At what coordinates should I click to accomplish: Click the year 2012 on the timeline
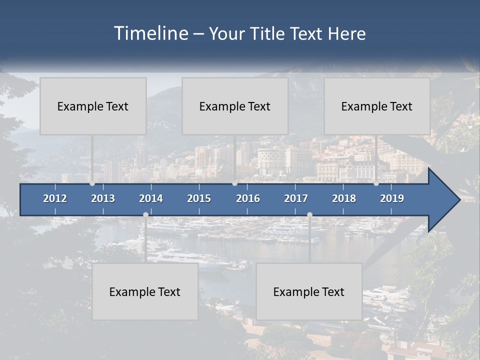[55, 198]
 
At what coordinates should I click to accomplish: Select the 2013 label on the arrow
[103, 198]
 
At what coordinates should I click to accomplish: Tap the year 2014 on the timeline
[151, 198]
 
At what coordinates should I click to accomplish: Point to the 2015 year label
[199, 198]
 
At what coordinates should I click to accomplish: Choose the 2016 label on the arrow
[248, 198]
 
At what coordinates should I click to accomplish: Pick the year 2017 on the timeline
[296, 198]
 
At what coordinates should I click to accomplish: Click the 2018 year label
[344, 198]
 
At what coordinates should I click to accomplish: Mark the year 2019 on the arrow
[392, 198]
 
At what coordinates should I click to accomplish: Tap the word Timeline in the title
[150, 33]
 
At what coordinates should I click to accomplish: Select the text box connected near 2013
[93, 106]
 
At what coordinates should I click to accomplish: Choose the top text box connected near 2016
[235, 106]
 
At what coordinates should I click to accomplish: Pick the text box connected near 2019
[377, 106]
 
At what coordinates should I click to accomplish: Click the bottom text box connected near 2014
[145, 291]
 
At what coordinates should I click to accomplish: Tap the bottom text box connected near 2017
[309, 291]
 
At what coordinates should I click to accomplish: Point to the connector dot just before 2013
[92, 183]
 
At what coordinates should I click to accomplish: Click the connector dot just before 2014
[145, 214]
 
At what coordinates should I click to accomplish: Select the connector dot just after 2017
[309, 214]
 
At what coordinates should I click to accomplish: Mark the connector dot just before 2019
[376, 183]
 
